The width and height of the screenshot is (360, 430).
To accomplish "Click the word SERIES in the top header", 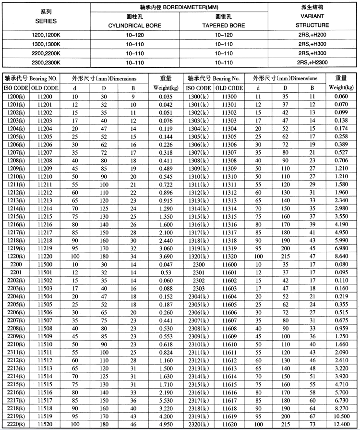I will pyautogui.click(x=46, y=21).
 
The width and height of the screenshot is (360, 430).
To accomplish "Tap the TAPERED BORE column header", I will pyautogui.click(x=223, y=25).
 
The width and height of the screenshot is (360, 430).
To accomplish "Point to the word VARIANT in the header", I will pyautogui.click(x=312, y=16).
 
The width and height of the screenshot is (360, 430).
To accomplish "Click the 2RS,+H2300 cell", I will pyautogui.click(x=312, y=62).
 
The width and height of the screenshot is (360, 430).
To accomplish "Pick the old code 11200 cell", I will pyautogui.click(x=45, y=97).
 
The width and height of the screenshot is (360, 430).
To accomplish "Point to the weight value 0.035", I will pyautogui.click(x=166, y=97).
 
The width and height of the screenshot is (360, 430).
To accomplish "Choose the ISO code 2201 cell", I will pyautogui.click(x=16, y=273).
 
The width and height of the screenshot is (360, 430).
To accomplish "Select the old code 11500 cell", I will pyautogui.click(x=45, y=265).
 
